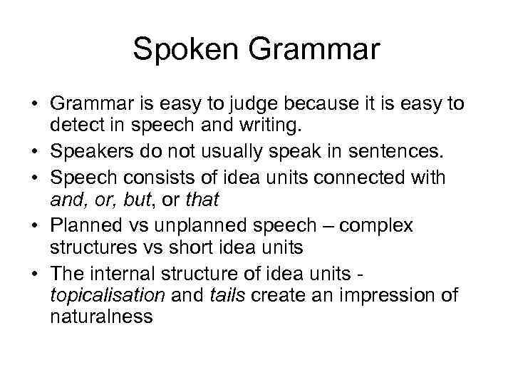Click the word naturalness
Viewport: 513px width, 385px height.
coord(101,318)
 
